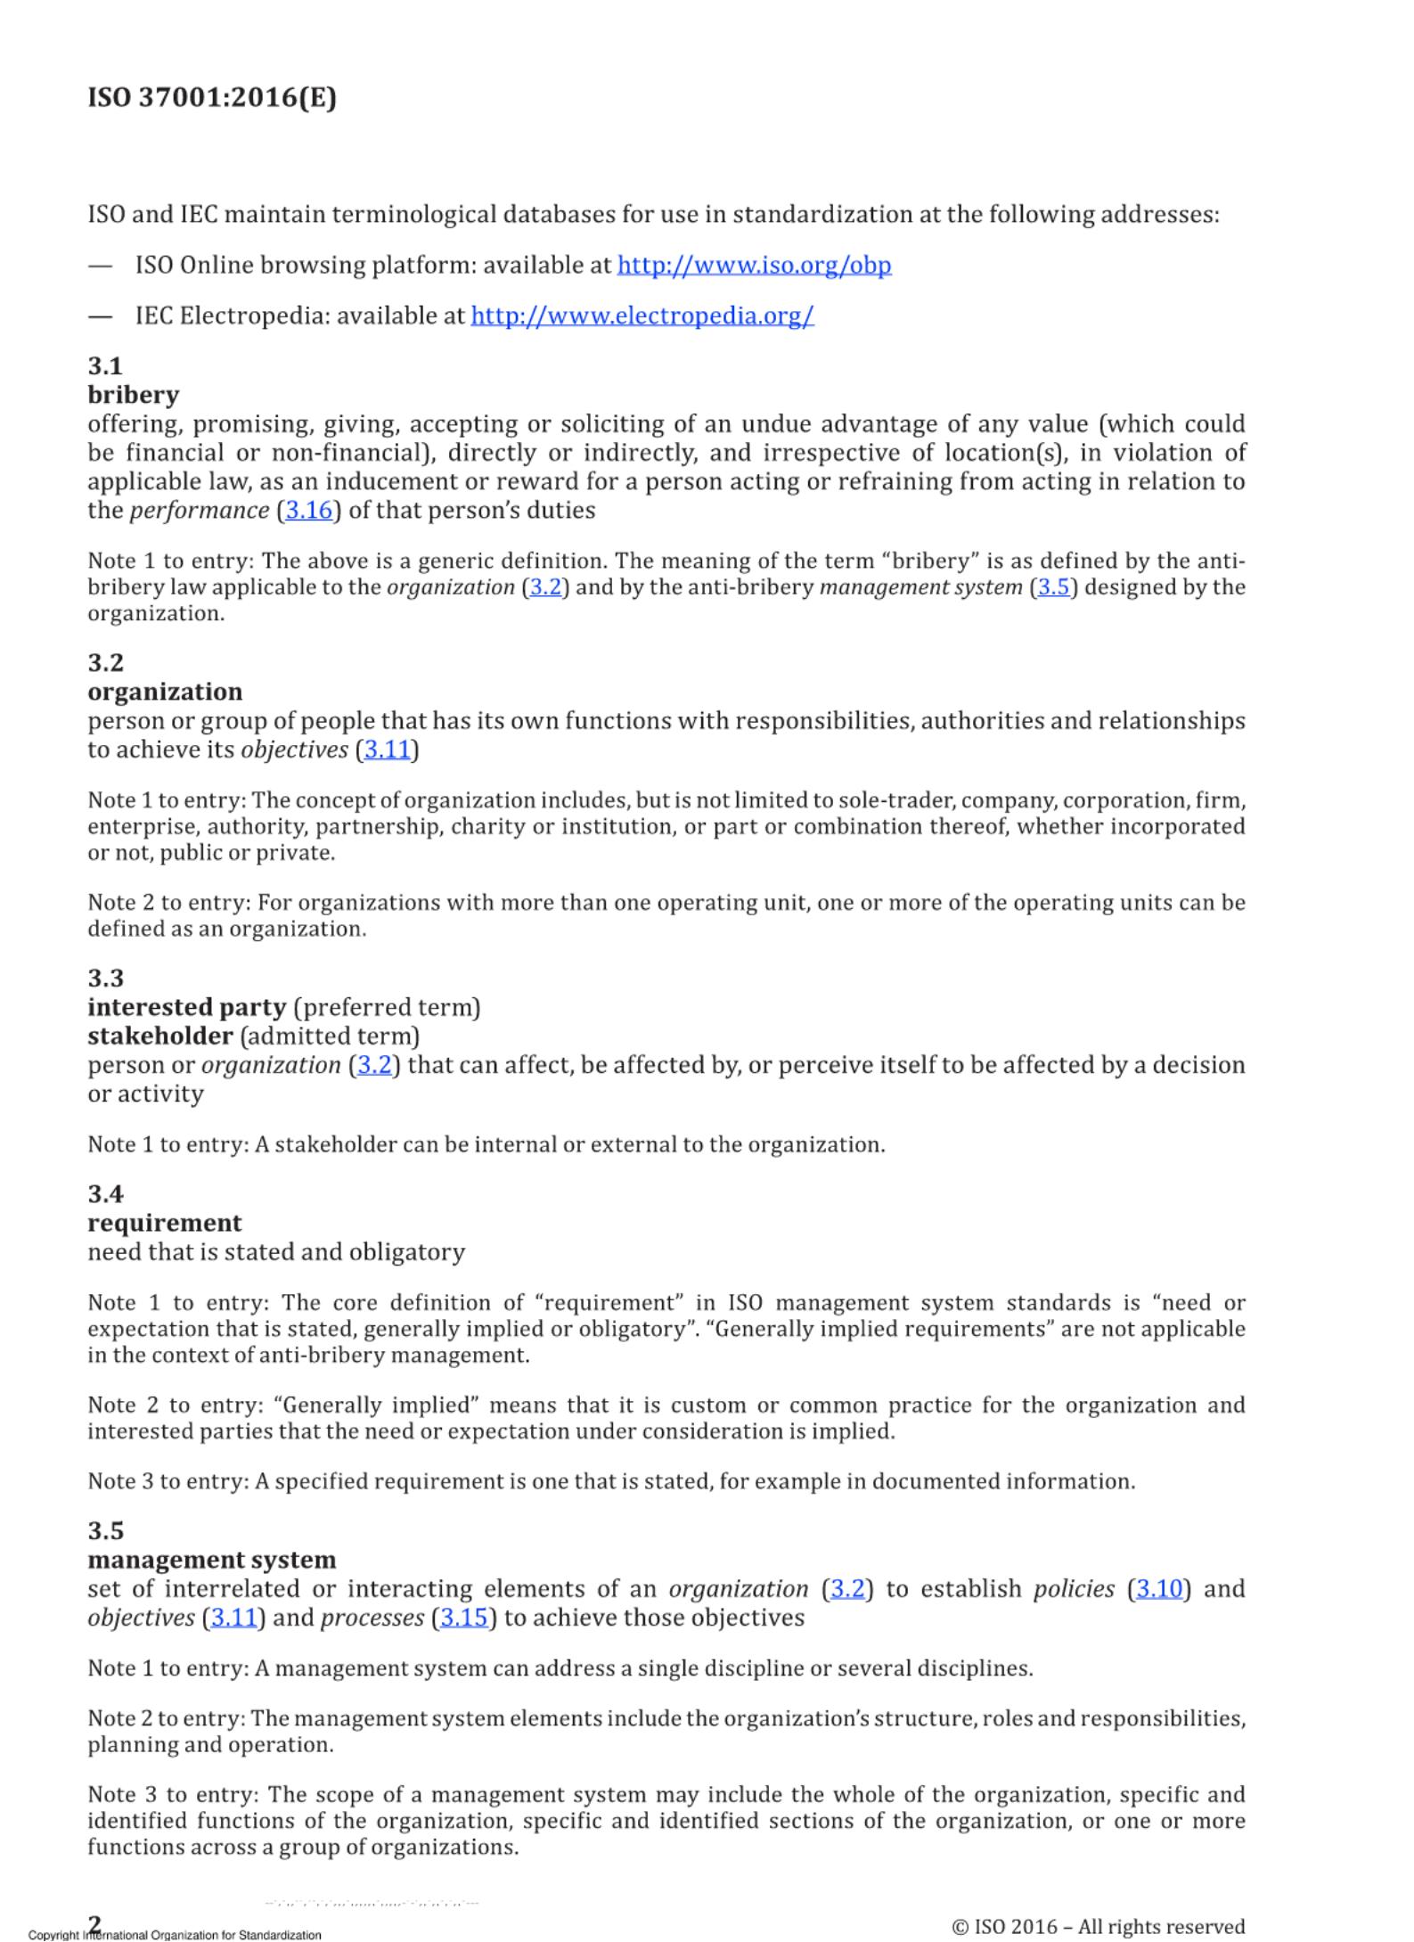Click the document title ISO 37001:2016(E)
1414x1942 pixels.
click(212, 97)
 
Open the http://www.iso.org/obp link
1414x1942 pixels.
click(754, 265)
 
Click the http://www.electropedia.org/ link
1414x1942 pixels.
click(642, 315)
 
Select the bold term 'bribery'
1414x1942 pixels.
click(133, 395)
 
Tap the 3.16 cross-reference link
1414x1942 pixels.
click(308, 511)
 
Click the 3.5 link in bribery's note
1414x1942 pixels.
click(1053, 587)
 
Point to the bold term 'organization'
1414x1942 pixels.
click(165, 692)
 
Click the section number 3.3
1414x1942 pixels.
click(105, 979)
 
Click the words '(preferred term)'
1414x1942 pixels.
click(387, 1008)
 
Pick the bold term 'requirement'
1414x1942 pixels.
click(165, 1223)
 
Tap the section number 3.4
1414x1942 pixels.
click(105, 1194)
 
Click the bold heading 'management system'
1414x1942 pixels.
click(212, 1560)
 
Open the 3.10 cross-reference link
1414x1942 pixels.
click(1158, 1589)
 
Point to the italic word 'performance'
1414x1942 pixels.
click(200, 511)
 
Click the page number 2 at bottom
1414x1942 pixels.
click(95, 1923)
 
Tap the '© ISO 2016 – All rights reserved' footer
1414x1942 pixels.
click(1098, 1927)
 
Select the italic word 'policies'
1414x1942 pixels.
click(1074, 1589)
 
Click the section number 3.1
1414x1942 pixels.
click(105, 366)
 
